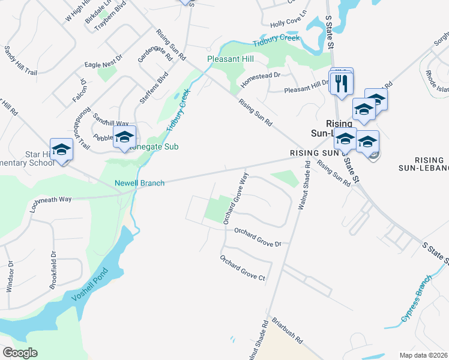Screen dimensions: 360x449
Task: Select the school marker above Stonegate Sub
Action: click(124, 137)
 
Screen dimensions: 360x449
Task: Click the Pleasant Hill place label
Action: click(230, 59)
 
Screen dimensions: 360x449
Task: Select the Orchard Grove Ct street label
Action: click(243, 268)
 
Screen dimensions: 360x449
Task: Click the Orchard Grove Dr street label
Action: click(258, 237)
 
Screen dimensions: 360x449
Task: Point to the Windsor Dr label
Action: click(10, 277)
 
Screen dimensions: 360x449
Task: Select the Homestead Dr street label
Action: click(261, 76)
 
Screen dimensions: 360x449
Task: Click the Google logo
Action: click(20, 352)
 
